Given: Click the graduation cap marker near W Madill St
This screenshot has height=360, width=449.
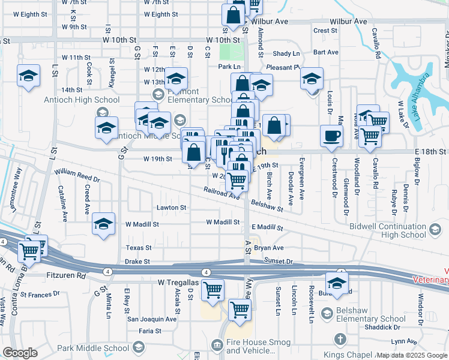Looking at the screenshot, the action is pyautogui.click(x=104, y=224).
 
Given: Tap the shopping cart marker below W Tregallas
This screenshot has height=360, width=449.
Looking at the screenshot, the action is pyautogui.click(x=212, y=290).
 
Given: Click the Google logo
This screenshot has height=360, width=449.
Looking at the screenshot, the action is pyautogui.click(x=20, y=353).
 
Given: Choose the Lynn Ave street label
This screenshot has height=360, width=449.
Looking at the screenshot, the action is pyautogui.click(x=402, y=341).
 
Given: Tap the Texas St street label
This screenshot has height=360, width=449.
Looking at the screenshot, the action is pyautogui.click(x=139, y=247).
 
